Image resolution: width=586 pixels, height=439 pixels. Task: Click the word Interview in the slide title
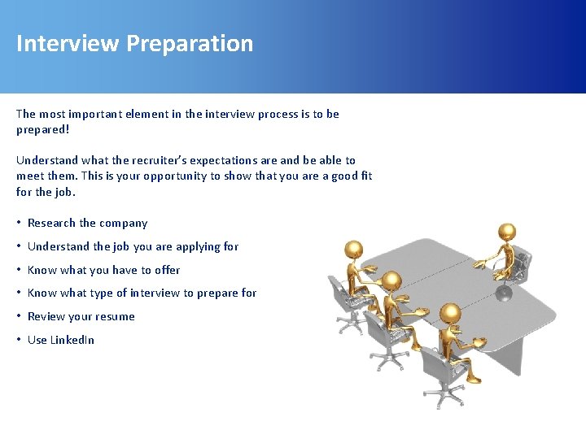coord(67,43)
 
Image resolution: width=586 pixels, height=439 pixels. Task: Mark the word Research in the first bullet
coord(52,223)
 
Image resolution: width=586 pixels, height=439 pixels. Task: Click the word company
coord(125,224)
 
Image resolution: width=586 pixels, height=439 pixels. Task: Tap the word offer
coord(167,270)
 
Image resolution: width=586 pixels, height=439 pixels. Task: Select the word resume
coord(116,317)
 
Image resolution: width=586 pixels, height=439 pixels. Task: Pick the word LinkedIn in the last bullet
coord(72,340)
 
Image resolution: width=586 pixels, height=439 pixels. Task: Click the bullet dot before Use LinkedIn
coord(20,340)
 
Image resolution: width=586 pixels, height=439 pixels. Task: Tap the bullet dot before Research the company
coord(20,223)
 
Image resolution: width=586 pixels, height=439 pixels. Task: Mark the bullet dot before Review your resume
coord(20,316)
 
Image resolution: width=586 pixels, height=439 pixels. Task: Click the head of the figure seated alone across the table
coord(506,233)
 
